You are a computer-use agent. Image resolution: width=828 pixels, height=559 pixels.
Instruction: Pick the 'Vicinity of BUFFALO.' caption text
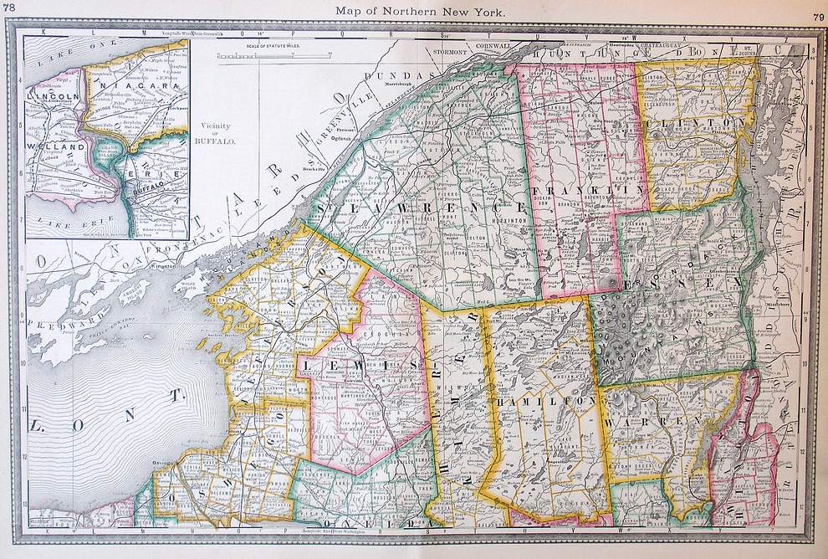pos(222,135)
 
